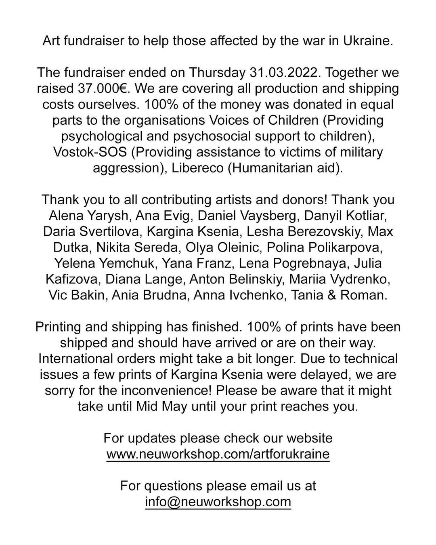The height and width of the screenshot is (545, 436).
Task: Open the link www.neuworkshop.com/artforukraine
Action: click(218, 454)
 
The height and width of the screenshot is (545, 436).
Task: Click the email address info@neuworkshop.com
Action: click(218, 501)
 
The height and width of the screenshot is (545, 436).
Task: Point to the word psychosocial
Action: click(226, 136)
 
